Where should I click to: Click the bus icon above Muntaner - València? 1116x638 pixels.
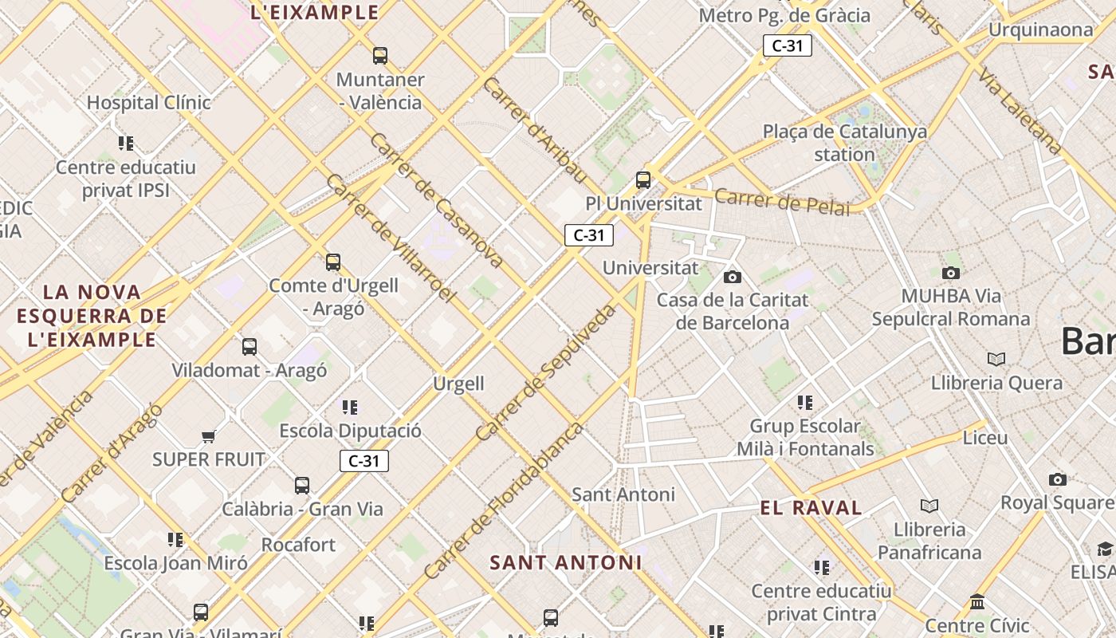(x=380, y=56)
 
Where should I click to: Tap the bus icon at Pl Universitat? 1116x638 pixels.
(x=643, y=180)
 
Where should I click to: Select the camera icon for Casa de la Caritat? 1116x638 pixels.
(x=732, y=277)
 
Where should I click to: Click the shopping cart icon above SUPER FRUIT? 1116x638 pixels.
(x=209, y=436)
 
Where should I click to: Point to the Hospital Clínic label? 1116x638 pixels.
(x=149, y=102)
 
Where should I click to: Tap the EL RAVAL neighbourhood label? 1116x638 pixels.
(x=811, y=508)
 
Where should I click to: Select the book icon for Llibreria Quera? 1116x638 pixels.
(x=996, y=359)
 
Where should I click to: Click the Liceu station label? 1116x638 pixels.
(x=985, y=438)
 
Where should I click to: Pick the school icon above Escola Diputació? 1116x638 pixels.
(x=350, y=408)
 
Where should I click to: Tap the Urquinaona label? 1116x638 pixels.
(x=1041, y=30)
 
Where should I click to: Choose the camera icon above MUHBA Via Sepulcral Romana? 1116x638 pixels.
(x=950, y=273)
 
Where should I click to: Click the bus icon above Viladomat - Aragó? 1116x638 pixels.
(x=250, y=347)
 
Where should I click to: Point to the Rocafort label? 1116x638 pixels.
(x=299, y=545)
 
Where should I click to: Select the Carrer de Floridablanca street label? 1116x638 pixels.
(x=504, y=501)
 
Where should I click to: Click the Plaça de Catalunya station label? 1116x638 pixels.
(x=845, y=143)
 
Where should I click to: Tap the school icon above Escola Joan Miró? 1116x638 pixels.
(x=175, y=540)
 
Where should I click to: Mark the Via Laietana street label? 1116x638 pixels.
(x=1020, y=112)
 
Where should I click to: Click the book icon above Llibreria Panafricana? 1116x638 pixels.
(x=929, y=506)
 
